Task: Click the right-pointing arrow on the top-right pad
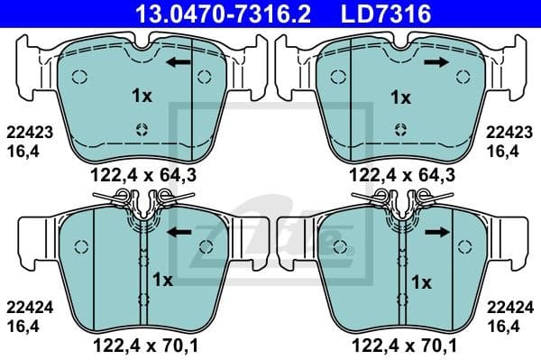[x=437, y=62]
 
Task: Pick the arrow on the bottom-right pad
[x=437, y=233]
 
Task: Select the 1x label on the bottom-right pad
[x=422, y=281]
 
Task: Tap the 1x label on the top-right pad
[x=399, y=96]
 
